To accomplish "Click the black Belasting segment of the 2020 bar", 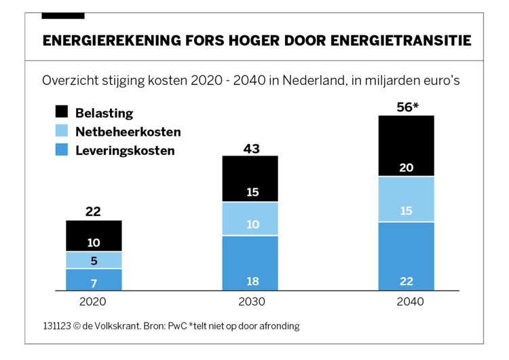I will tap(94, 236).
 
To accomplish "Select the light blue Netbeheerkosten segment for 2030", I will tap(250, 219).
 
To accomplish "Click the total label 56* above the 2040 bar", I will tap(407, 106).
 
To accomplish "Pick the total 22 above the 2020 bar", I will tap(94, 211).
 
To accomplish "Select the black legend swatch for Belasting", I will tap(62, 113).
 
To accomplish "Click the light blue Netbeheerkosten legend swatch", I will tap(62, 131).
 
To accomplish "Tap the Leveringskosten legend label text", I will tap(125, 150).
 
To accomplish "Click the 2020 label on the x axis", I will tap(94, 302).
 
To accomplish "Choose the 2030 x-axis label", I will tap(250, 302).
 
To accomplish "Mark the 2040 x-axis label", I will tap(407, 302).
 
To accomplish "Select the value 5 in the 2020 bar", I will tap(94, 260).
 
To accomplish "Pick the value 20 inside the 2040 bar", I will tap(407, 167).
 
